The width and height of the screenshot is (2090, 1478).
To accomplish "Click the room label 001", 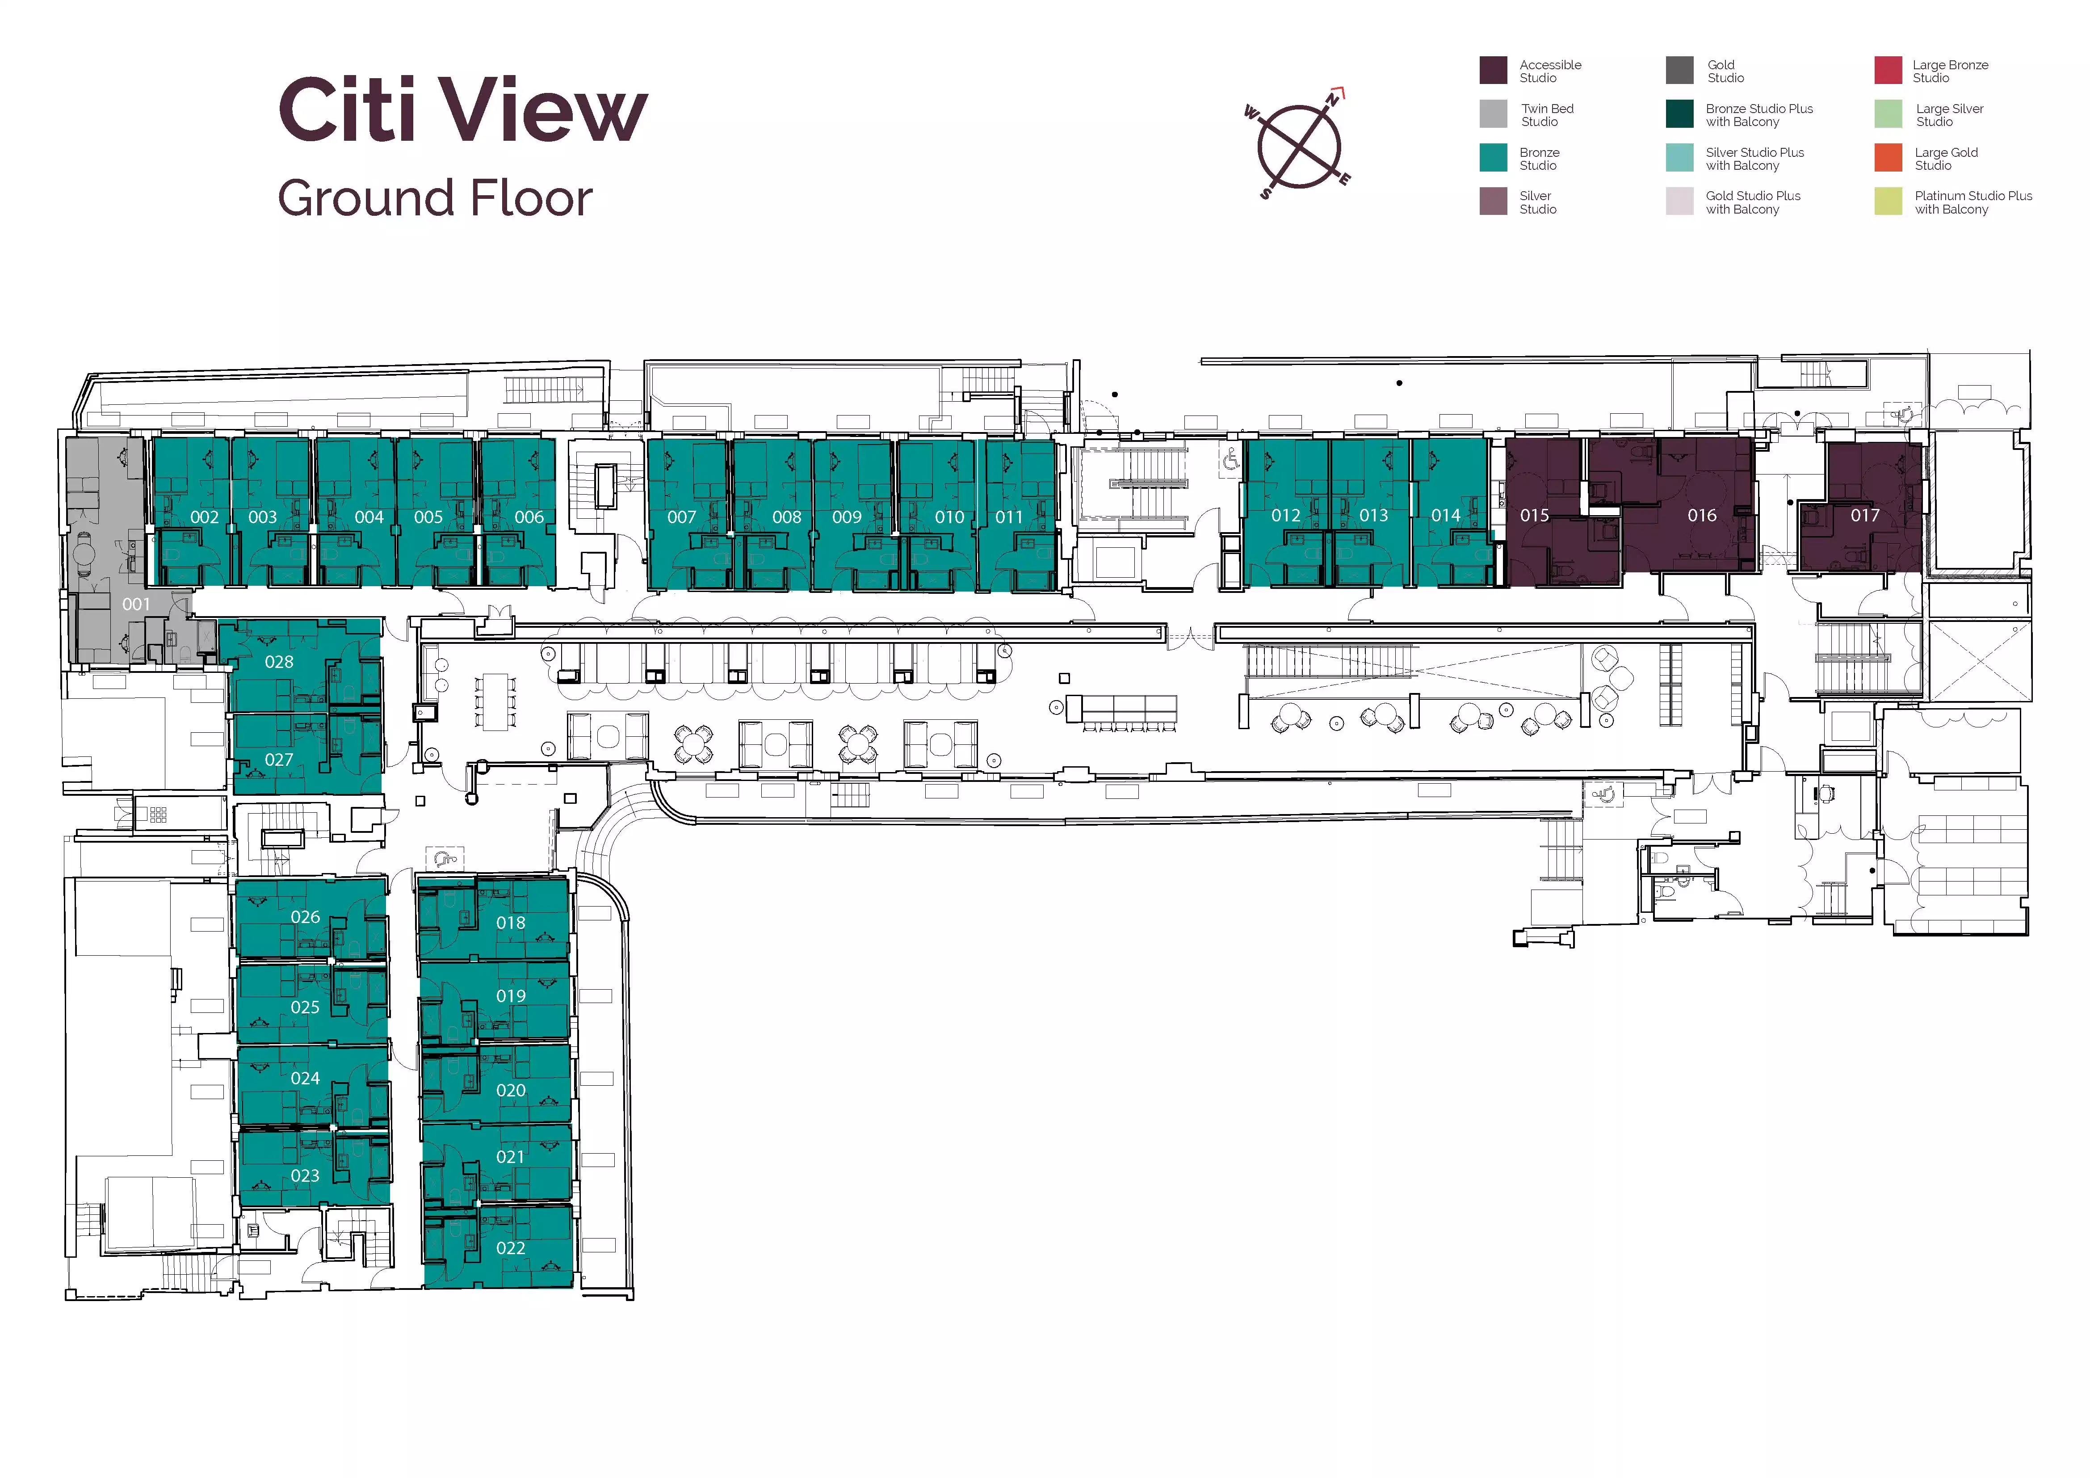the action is (x=137, y=605).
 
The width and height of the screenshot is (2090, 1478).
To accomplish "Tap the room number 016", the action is (x=1702, y=515).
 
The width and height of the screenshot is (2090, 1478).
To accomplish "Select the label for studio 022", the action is (x=511, y=1248).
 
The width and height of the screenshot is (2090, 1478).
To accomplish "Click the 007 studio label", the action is (x=682, y=517).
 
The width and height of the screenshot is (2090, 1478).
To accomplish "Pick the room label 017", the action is (x=1865, y=515).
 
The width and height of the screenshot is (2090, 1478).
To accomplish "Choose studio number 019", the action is (x=511, y=995).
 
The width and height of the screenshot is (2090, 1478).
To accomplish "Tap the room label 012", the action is (x=1286, y=515).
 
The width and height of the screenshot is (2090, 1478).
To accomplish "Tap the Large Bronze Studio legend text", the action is (x=1950, y=71).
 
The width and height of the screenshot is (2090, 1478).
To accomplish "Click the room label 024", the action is (x=305, y=1078).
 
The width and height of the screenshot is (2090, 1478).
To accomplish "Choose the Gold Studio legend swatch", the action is (x=1679, y=70).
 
